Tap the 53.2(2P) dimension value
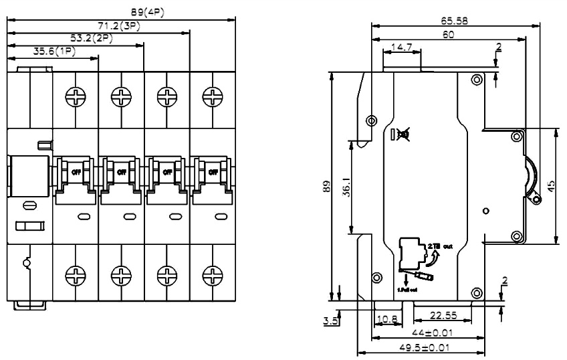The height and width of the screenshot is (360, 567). (x=91, y=38)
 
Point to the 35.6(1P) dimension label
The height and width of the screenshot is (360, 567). (x=53, y=51)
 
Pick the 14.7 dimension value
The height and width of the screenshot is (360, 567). (x=401, y=48)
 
